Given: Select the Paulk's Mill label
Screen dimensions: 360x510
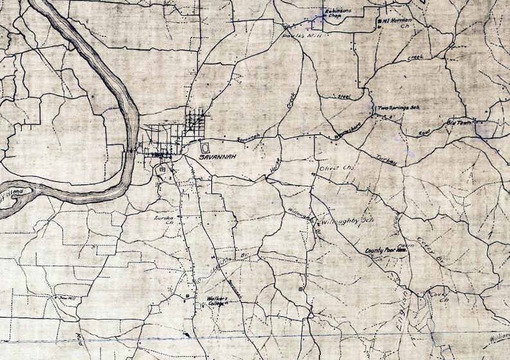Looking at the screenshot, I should [297, 36].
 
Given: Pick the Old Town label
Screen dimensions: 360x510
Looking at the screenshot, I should [459, 122].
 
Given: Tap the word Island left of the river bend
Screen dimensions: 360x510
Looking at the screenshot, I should [14, 192].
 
